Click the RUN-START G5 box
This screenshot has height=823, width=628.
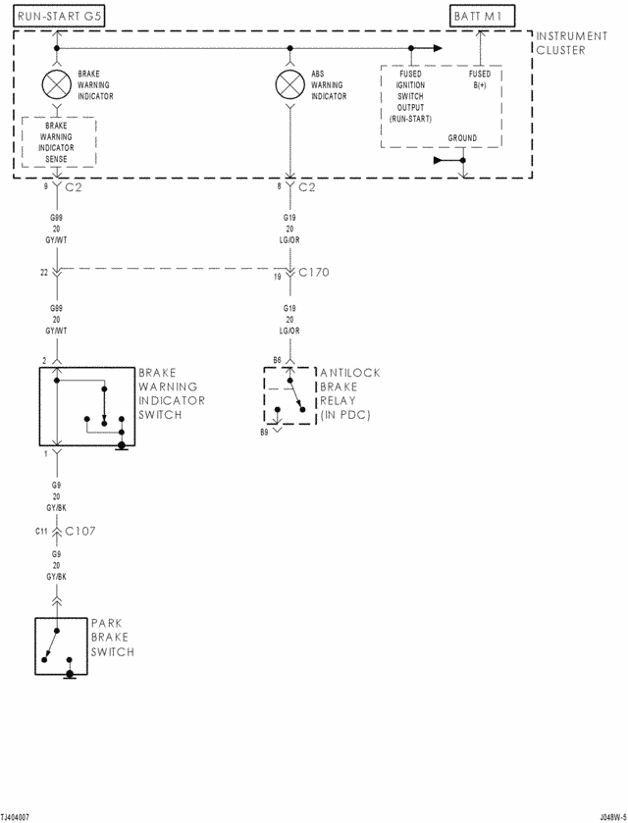click(x=59, y=17)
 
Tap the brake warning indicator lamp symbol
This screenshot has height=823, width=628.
click(x=56, y=83)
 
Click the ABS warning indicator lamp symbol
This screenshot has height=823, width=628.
click(x=288, y=83)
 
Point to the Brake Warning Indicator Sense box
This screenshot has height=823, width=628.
click(x=58, y=141)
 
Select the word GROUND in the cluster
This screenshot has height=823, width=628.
click(x=462, y=138)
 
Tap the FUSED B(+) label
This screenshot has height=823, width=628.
click(x=480, y=79)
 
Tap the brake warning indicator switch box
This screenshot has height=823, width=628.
click(x=87, y=407)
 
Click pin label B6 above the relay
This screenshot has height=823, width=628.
click(x=277, y=360)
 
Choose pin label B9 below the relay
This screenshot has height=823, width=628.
click(x=264, y=432)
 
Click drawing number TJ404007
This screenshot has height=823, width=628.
click(x=15, y=816)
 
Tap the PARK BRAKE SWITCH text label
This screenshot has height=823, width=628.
click(x=112, y=638)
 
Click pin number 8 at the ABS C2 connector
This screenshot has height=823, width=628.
click(x=280, y=183)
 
